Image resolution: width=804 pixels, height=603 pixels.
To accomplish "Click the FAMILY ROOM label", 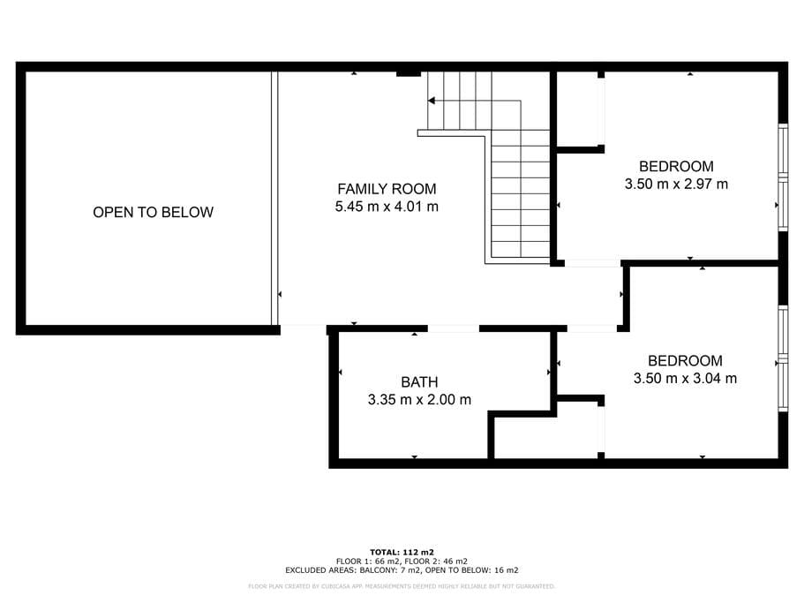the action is (387, 189).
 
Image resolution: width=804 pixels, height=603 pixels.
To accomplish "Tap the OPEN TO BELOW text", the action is (153, 212).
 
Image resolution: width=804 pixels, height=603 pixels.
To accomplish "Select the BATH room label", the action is (419, 382).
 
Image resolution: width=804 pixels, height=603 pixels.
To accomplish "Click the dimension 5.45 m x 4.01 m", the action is (387, 207).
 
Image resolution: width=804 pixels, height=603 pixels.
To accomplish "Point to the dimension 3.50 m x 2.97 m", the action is (676, 185).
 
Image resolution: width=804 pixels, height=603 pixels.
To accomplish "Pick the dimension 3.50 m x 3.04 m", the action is (685, 379).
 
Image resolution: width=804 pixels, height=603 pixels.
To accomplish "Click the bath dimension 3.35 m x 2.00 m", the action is (419, 399).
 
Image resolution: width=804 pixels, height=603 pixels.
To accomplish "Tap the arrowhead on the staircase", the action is (432, 101).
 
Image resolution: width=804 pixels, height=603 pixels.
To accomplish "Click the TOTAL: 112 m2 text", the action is (402, 553).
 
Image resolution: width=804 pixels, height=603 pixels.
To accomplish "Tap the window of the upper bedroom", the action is (783, 177).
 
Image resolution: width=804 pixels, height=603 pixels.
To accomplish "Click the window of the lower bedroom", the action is (783, 358).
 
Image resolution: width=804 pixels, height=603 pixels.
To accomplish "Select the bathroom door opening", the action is (454, 328).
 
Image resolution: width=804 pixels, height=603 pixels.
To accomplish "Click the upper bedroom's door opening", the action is (593, 263).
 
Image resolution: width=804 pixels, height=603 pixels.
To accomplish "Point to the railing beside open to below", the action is (274, 198).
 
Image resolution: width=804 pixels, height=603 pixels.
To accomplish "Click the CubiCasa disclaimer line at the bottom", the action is (402, 586).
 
